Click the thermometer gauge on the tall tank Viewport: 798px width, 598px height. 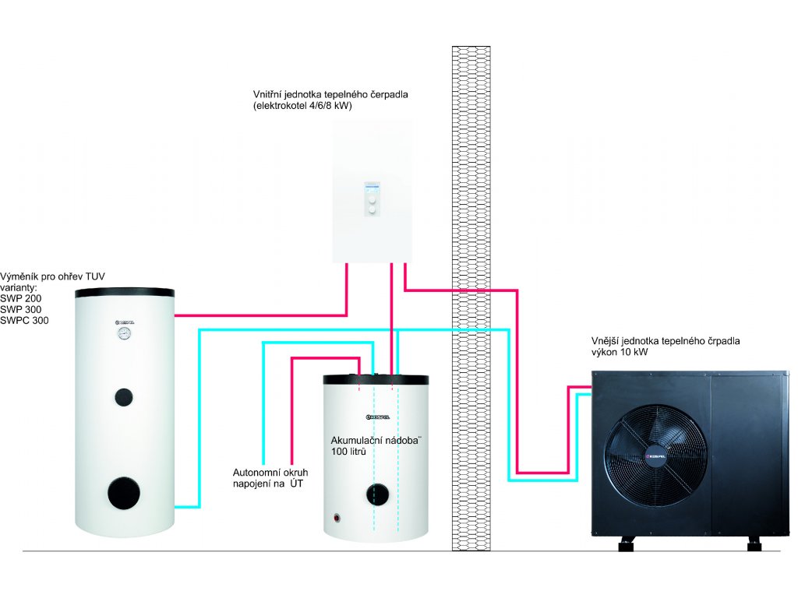(124, 333)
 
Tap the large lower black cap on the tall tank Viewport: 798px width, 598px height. (124, 493)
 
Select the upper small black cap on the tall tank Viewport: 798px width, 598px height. (124, 396)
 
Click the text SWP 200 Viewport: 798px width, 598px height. (21, 298)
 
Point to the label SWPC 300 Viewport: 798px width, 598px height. (24, 320)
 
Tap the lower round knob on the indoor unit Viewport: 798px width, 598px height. (372, 209)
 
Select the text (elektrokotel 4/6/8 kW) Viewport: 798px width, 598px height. (302, 106)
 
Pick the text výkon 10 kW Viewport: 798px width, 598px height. (620, 352)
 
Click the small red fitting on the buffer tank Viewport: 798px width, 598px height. (337, 518)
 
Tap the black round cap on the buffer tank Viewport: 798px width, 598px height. (377, 494)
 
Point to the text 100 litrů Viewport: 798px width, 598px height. (348, 452)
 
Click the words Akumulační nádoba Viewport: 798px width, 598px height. (375, 441)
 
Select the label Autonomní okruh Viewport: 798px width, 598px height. (270, 473)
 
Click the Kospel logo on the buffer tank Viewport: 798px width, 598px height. (378, 417)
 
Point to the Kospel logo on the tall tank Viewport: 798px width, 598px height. (124, 322)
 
